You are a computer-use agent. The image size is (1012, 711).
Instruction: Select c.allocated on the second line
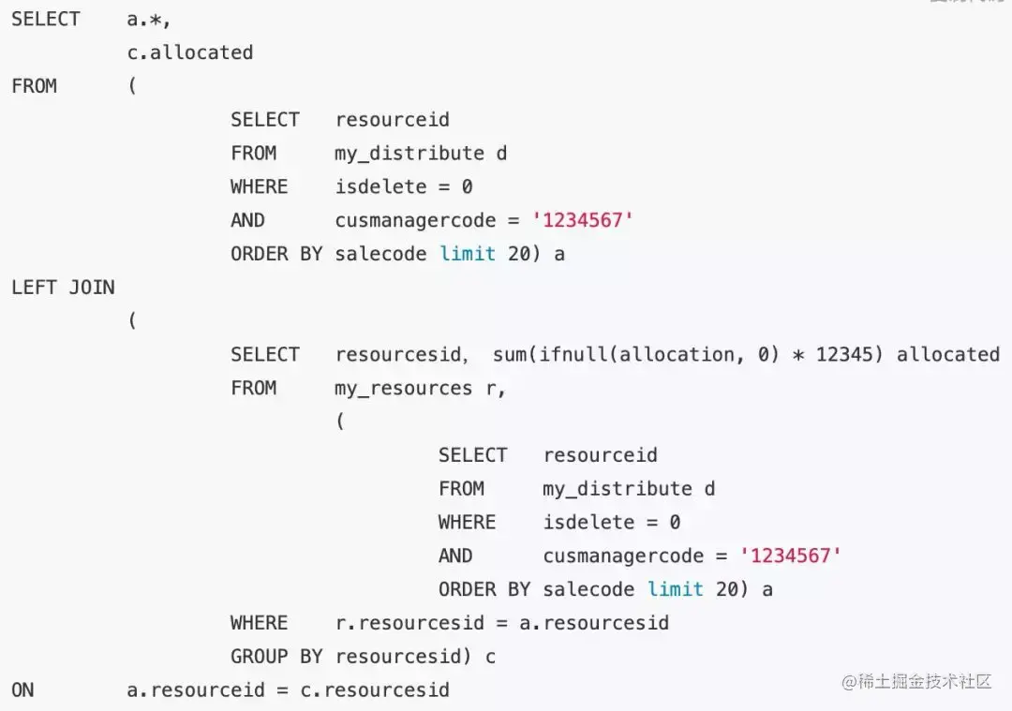(x=190, y=52)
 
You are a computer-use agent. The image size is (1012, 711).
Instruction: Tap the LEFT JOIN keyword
(x=63, y=288)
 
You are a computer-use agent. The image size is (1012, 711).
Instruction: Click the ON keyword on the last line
(x=22, y=690)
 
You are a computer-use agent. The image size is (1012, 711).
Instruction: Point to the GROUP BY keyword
(x=276, y=657)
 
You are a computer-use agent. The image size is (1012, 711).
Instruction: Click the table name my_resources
(x=403, y=388)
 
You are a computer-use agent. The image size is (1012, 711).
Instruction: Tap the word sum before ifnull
(x=510, y=354)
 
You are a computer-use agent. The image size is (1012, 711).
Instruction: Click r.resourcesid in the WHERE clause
(x=409, y=623)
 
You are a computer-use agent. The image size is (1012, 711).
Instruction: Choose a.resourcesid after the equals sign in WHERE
(x=594, y=623)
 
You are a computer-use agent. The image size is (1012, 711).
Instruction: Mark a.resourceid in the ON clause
(x=196, y=690)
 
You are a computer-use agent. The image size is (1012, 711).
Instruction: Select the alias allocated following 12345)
(x=948, y=354)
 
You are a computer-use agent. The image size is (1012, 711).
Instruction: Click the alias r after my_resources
(x=491, y=388)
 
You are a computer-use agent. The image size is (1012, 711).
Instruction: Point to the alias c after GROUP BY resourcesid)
(x=490, y=657)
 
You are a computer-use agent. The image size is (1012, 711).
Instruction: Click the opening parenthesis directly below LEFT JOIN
(x=132, y=321)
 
